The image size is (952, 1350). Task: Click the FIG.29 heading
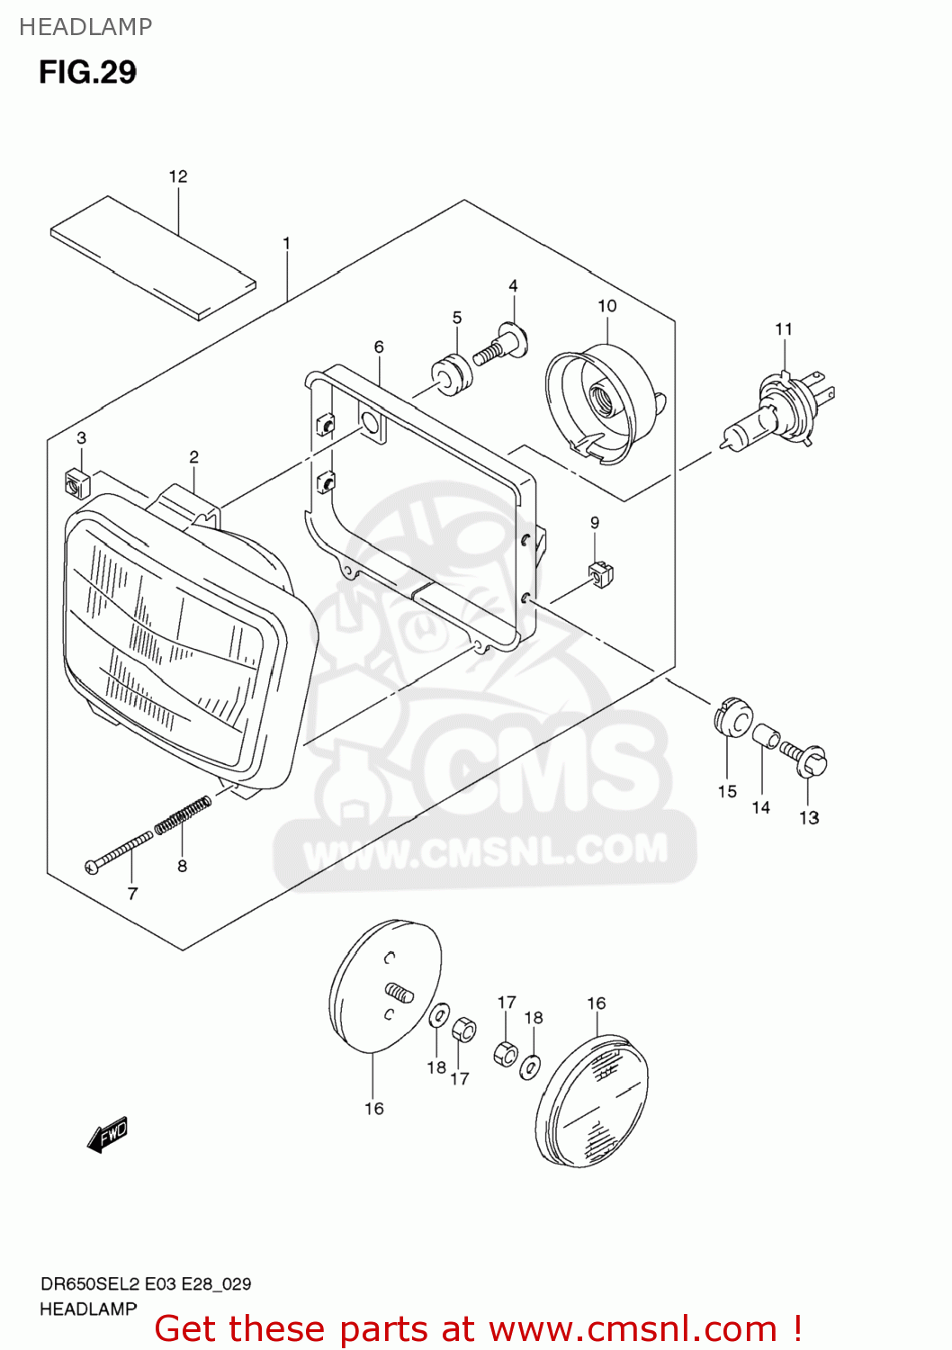87,72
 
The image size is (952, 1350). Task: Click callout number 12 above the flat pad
178,176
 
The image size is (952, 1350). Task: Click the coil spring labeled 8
183,814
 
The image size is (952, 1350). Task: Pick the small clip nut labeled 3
76,484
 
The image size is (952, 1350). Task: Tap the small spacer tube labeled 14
765,736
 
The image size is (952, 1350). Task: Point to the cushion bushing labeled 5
452,373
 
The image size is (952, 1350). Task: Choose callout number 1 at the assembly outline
286,243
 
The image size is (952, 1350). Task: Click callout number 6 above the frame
379,346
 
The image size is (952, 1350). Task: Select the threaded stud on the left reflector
400,992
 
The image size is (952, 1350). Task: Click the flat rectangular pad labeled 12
153,256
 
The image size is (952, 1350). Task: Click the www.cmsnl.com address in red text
632,1328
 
